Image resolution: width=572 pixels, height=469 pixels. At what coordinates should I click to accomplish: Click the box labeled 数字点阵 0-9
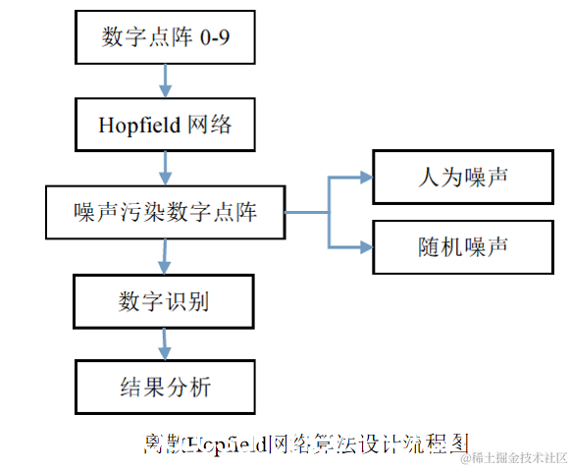click(x=165, y=38)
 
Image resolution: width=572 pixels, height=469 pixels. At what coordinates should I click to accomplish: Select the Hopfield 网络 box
click(x=165, y=125)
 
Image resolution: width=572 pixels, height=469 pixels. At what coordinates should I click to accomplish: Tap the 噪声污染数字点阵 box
click(x=165, y=211)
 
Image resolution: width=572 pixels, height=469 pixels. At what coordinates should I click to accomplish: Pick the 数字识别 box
click(x=165, y=300)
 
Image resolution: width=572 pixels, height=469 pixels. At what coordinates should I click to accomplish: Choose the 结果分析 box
click(x=165, y=387)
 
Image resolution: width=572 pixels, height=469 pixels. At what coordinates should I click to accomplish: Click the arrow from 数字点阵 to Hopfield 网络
click(x=165, y=81)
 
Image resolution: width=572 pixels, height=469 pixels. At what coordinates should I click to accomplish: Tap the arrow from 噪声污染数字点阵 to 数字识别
click(x=165, y=255)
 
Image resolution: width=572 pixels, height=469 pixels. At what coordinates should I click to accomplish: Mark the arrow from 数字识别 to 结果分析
click(x=165, y=343)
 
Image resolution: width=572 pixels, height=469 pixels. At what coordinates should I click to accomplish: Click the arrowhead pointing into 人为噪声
click(x=365, y=178)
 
